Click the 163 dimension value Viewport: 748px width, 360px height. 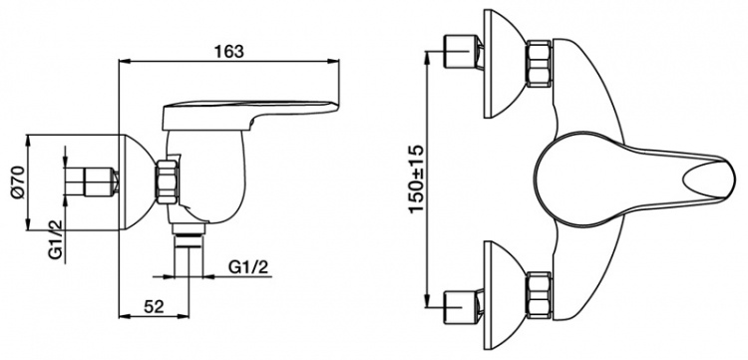click(228, 51)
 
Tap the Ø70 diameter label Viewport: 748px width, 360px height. click(17, 182)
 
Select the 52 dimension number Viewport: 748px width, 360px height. click(154, 306)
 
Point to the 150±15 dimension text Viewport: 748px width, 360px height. click(416, 180)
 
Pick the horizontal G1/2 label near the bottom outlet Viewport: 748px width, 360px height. click(248, 267)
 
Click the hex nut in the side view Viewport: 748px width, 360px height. click(168, 182)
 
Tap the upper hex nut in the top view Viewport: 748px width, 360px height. click(539, 65)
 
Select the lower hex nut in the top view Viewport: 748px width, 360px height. click(539, 294)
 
